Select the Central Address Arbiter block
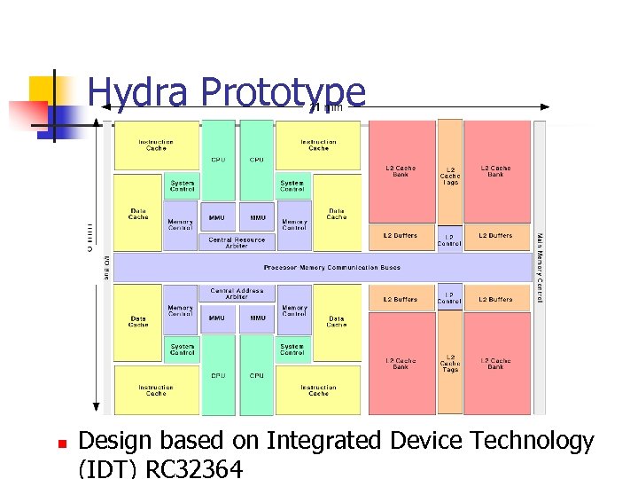(x=237, y=293)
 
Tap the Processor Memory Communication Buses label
(x=332, y=267)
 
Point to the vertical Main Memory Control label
(x=539, y=267)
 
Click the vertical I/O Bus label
(x=107, y=267)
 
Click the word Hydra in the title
(x=139, y=92)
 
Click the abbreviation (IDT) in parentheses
(x=101, y=468)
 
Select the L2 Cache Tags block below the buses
(x=449, y=363)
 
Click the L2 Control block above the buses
(x=449, y=239)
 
